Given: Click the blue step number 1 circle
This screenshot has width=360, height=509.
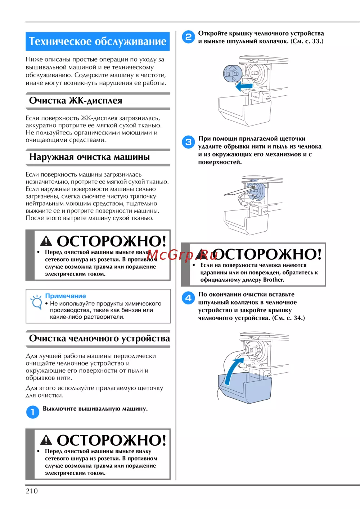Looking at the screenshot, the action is point(32,412).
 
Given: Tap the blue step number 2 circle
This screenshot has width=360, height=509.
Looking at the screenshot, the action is point(188,37).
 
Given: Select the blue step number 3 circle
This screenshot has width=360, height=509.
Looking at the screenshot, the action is point(188,142).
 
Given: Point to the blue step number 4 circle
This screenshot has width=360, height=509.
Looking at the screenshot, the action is point(188,298).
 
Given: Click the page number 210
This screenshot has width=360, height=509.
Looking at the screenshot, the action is point(32,491).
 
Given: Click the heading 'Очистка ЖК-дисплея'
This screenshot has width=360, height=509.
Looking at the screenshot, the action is point(76,100).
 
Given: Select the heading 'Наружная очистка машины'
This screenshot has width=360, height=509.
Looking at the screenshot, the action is point(89,157).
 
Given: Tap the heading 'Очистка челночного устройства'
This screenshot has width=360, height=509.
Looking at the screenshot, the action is point(99,338).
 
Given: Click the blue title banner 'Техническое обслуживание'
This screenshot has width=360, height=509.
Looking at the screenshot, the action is point(98,41).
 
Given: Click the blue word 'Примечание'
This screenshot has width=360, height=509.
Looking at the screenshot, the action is point(66,296).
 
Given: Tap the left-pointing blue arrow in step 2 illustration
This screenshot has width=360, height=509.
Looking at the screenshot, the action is point(244,86).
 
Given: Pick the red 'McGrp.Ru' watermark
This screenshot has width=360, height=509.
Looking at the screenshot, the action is point(182,255).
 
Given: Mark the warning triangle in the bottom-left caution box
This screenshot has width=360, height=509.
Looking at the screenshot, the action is point(46,440).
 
